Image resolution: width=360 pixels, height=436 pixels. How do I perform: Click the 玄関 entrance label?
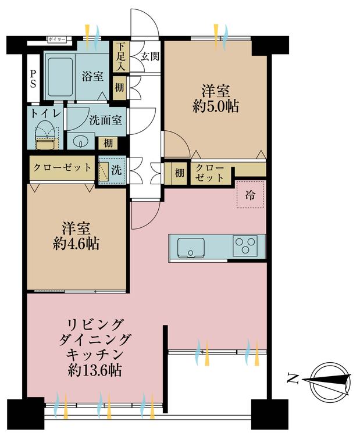149,57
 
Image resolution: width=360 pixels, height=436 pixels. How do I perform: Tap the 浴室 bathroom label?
92,76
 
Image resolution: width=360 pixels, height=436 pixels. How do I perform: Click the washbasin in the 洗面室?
81,141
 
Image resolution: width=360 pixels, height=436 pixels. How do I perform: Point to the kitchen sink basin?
191,247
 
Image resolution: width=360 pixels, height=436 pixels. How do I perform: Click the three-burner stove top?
245,245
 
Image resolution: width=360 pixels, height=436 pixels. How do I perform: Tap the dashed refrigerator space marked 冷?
250,195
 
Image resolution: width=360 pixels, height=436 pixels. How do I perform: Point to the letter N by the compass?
292,379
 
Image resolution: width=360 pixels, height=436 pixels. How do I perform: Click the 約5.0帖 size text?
216,106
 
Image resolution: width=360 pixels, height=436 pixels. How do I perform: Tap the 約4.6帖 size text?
76,244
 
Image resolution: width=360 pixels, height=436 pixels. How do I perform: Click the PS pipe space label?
33,78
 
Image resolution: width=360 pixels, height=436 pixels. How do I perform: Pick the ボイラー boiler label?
57,40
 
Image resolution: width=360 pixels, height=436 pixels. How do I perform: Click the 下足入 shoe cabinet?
120,56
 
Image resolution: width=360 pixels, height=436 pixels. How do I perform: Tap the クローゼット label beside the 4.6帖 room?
62,167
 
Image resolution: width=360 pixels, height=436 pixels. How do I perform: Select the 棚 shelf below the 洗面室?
108,143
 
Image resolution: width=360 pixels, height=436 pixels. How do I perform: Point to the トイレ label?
45,113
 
